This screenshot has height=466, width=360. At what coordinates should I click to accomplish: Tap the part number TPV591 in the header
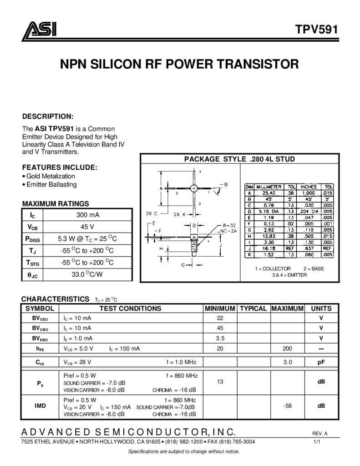tap(316, 30)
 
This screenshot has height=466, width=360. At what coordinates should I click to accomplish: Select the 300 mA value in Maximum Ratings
tap(88, 215)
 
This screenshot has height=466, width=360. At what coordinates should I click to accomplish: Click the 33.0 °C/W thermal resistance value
tap(87, 274)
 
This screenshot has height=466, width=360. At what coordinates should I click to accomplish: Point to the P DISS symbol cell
tap(32, 239)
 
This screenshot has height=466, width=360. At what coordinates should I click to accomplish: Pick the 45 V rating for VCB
tap(87, 227)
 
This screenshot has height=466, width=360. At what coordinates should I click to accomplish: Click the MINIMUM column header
tap(220, 309)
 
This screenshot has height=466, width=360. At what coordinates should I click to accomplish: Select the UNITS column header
tap(321, 309)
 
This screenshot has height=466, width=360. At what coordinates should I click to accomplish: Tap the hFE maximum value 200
tap(287, 348)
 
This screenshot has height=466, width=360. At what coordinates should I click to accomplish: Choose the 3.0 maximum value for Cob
tap(288, 362)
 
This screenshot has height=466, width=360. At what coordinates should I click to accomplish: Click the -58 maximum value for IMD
tap(288, 405)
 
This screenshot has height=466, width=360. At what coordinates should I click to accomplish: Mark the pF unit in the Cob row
tap(321, 362)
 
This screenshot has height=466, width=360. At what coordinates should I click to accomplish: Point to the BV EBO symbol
tap(40, 339)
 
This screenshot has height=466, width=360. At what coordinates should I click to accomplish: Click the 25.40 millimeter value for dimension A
tap(269, 193)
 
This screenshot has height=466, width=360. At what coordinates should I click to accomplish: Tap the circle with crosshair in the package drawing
tap(194, 188)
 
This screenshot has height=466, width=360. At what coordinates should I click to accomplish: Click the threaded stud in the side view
tap(194, 245)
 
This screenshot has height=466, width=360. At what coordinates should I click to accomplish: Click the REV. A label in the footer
tap(320, 434)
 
